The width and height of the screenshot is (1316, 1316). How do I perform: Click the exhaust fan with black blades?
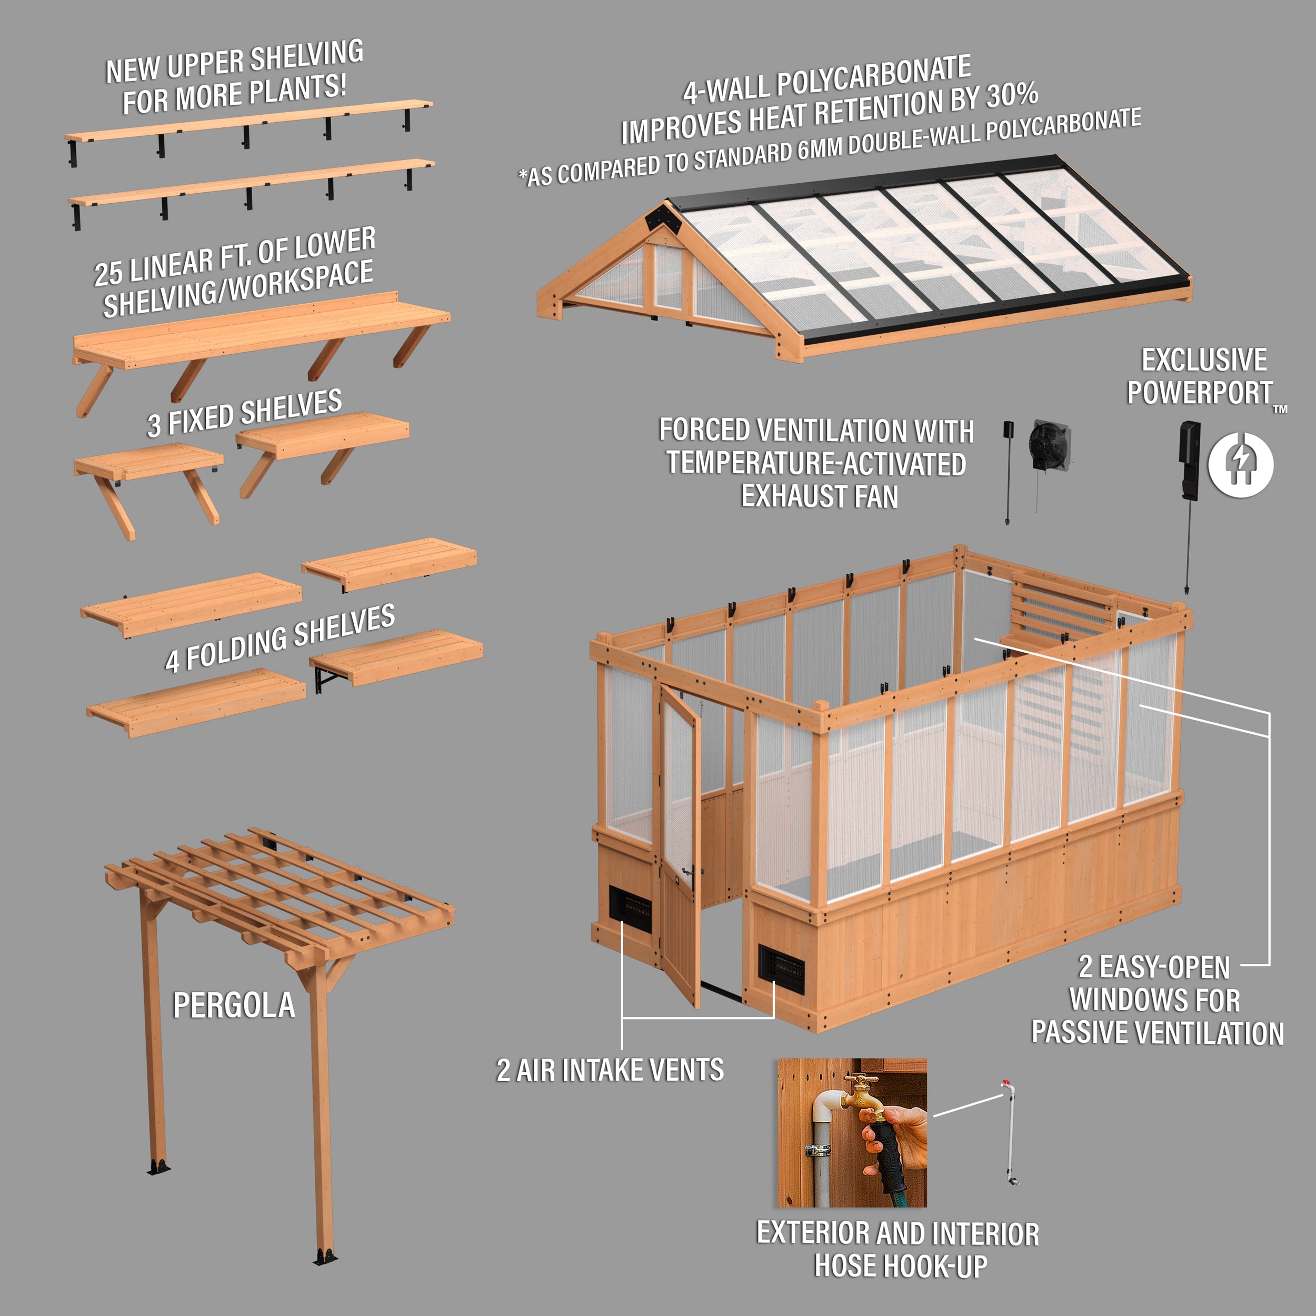point(1049,445)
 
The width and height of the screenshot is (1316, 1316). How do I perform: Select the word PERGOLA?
point(234,1006)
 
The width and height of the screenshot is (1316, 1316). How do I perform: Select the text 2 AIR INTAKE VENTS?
point(610,1070)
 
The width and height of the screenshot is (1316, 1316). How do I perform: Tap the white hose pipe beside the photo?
point(1010,1134)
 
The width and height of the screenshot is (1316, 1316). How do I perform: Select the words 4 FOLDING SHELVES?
point(280,638)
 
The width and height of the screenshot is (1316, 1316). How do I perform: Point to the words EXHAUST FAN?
point(820,496)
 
